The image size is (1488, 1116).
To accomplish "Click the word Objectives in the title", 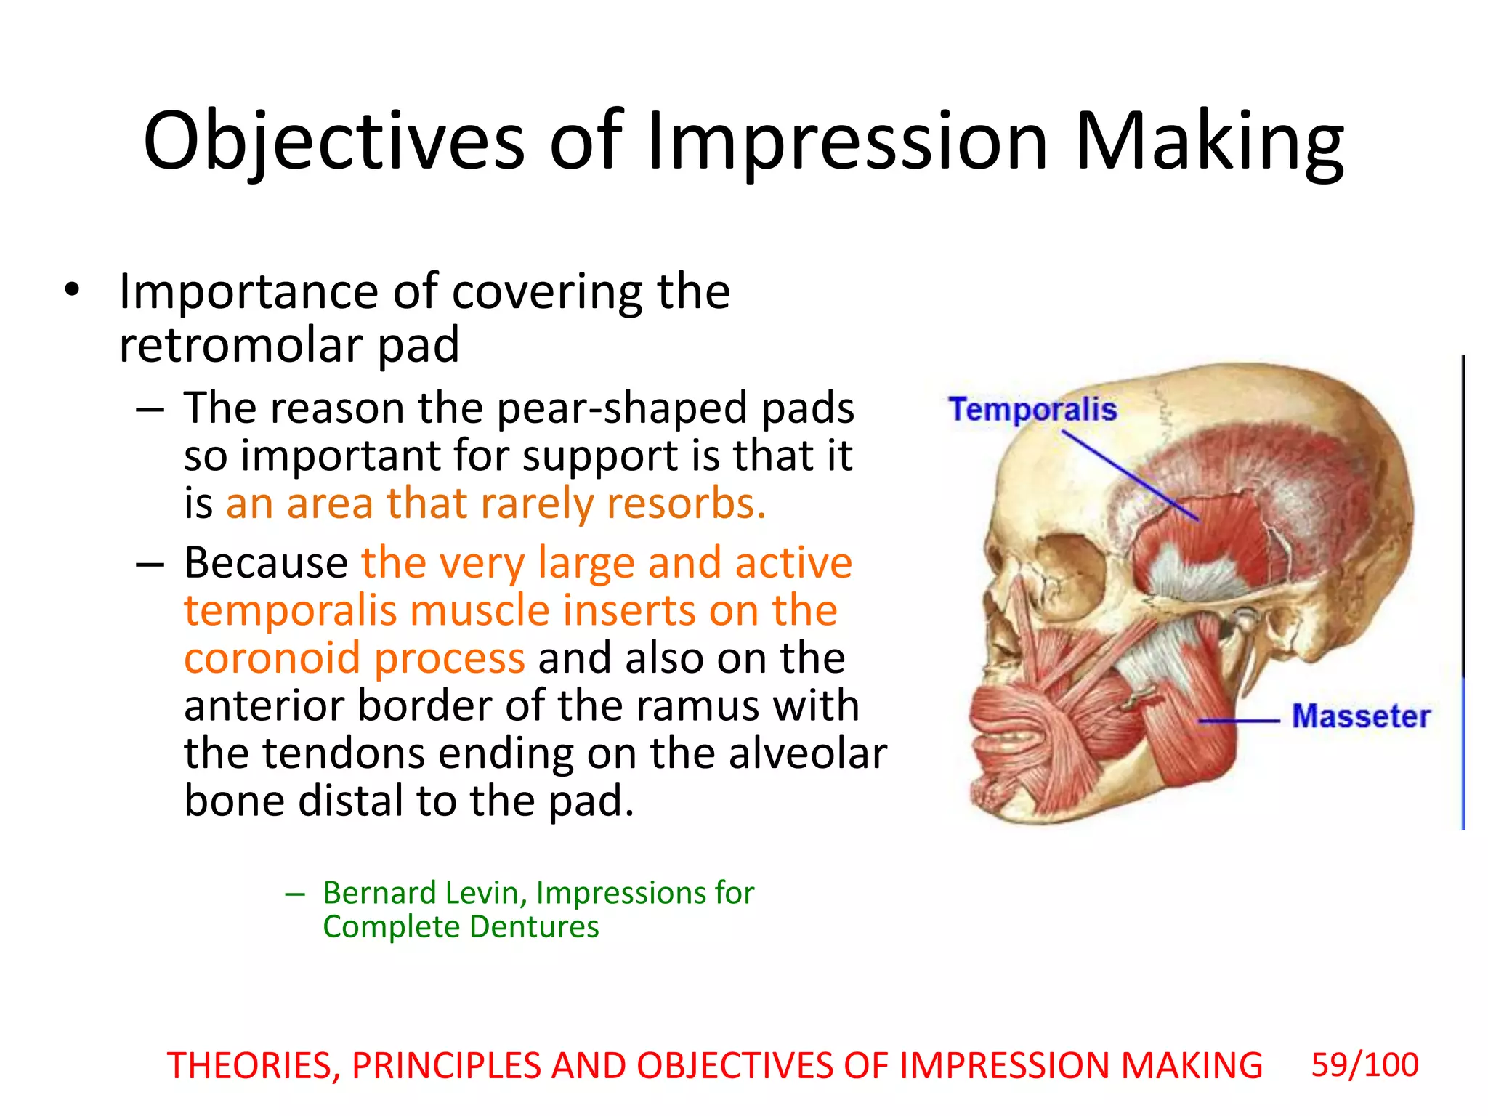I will click(333, 142).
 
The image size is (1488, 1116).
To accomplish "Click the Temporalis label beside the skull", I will click(1032, 409).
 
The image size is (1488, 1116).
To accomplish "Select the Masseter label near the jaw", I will click(1360, 716).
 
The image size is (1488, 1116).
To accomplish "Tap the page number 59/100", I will click(1364, 1065).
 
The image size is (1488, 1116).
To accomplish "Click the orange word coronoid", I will click(272, 658).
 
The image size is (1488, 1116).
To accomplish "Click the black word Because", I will click(266, 563).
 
